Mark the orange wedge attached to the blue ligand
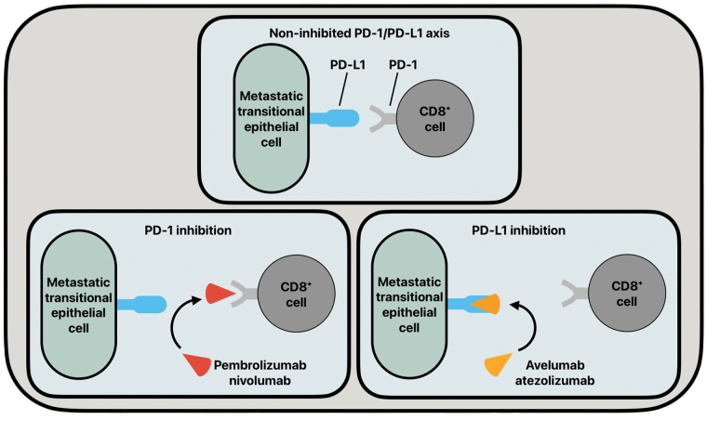(487, 304)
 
